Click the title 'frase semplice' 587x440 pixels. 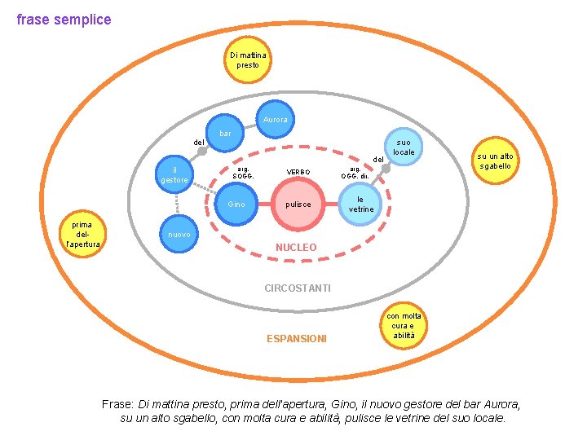click(x=64, y=19)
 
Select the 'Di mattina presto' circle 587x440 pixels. click(x=248, y=59)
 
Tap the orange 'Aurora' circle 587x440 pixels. click(x=275, y=120)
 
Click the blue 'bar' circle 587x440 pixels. click(x=227, y=133)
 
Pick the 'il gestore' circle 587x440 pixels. click(x=175, y=175)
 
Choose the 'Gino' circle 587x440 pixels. click(x=237, y=204)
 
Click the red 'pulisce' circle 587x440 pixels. click(x=298, y=204)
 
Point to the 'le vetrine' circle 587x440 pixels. click(x=361, y=204)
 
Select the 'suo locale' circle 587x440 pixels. click(x=403, y=147)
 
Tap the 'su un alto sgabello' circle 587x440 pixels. click(x=494, y=161)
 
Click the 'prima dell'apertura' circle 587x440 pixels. click(x=82, y=234)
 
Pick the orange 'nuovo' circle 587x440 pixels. click(x=179, y=235)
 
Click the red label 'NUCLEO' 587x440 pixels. click(x=296, y=246)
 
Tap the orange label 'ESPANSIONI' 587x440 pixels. click(x=297, y=338)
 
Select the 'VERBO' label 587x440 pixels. click(x=298, y=171)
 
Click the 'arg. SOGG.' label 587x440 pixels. click(x=243, y=171)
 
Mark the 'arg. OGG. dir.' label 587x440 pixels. click(x=355, y=171)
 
